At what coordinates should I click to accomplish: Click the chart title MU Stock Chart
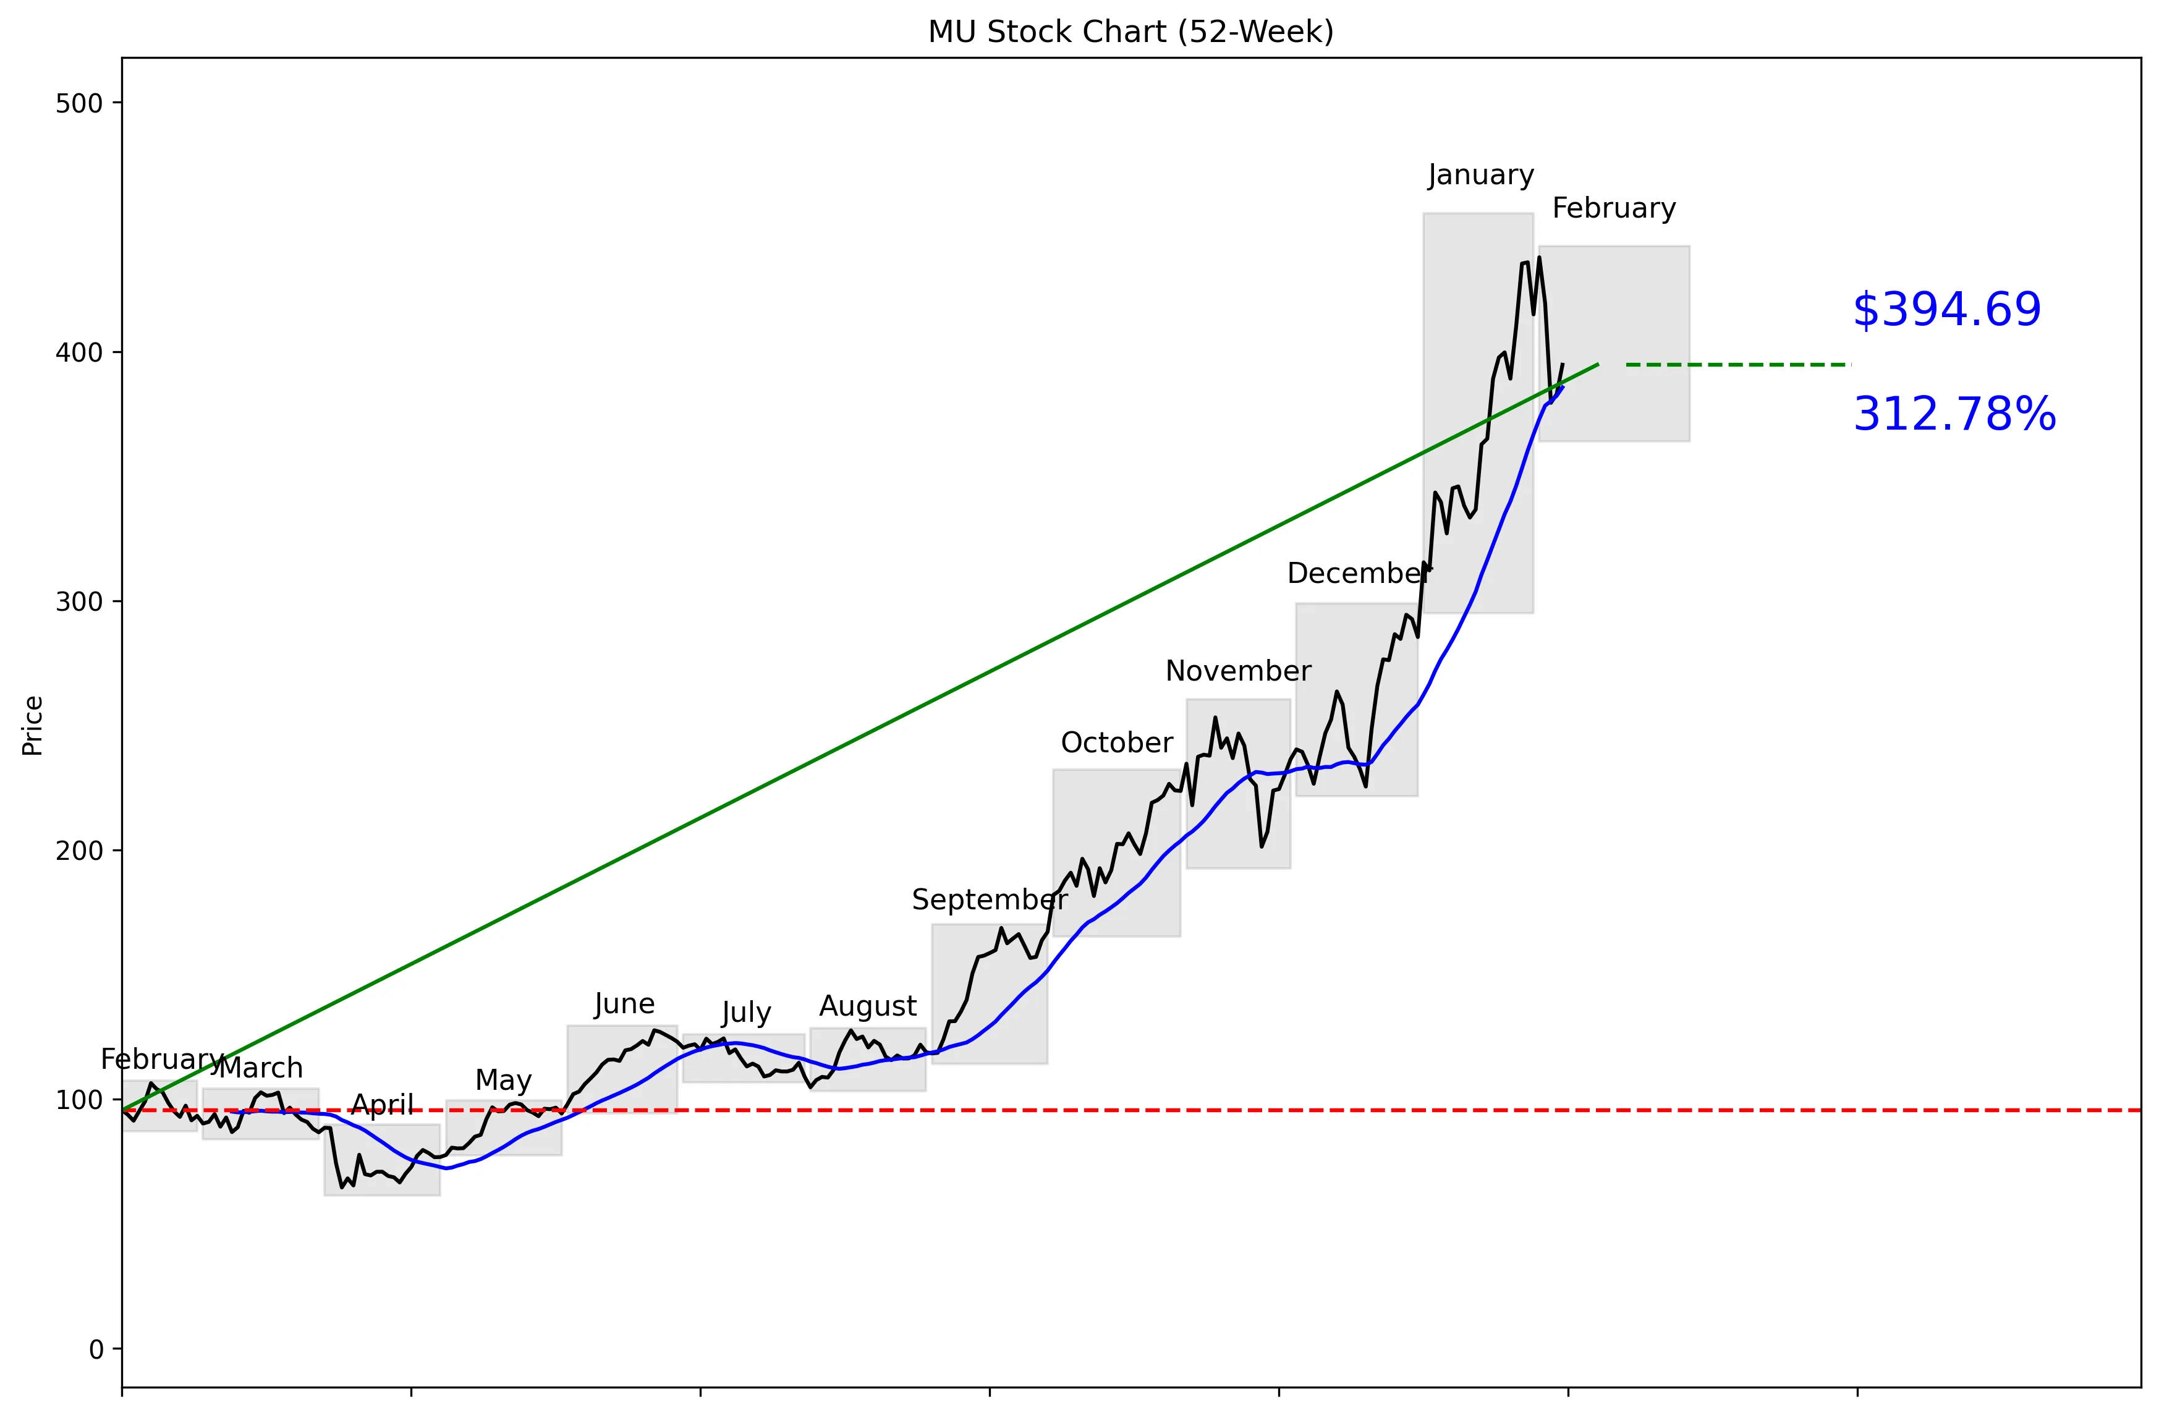pyautogui.click(x=1130, y=32)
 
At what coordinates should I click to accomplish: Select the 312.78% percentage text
pyautogui.click(x=1954, y=415)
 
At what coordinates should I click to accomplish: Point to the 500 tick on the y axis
pyautogui.click(x=79, y=103)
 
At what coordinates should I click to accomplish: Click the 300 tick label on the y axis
pyautogui.click(x=79, y=601)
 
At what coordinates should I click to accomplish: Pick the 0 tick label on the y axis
pyautogui.click(x=96, y=1349)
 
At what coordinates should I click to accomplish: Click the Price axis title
pyautogui.click(x=33, y=726)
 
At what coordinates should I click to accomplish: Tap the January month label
pyautogui.click(x=1480, y=174)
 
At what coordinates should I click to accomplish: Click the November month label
pyautogui.click(x=1237, y=671)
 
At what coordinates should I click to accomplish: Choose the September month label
pyautogui.click(x=989, y=900)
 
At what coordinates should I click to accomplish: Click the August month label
pyautogui.click(x=867, y=1006)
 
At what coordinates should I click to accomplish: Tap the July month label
pyautogui.click(x=745, y=1013)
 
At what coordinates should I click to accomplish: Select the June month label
pyautogui.click(x=624, y=1004)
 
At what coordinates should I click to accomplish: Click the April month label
pyautogui.click(x=382, y=1105)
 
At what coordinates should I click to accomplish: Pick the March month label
pyautogui.click(x=261, y=1068)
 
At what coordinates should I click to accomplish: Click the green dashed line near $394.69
pyautogui.click(x=1737, y=365)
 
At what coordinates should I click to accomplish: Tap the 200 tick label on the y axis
pyautogui.click(x=79, y=851)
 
